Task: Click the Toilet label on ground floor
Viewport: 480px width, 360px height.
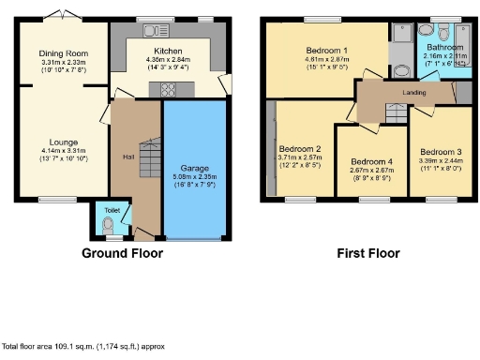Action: click(x=112, y=210)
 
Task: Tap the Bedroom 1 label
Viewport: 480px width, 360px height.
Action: click(x=326, y=50)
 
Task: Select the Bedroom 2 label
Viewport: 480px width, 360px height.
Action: click(x=299, y=148)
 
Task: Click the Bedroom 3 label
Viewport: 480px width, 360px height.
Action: click(x=440, y=152)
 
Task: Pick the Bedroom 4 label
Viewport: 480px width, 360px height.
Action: click(x=371, y=161)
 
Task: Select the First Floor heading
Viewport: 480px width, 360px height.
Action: click(x=367, y=253)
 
